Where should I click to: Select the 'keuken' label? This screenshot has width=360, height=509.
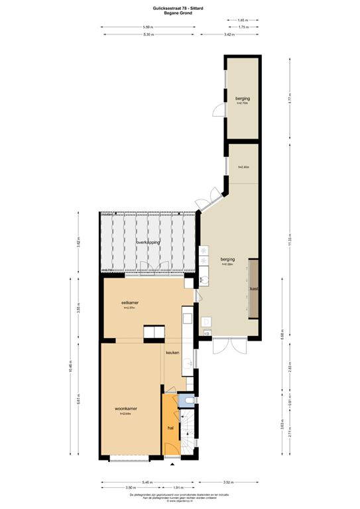[173, 353]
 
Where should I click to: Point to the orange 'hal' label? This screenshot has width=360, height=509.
[170, 428]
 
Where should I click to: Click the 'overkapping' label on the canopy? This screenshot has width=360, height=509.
[149, 243]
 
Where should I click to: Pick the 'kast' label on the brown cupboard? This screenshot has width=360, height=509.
[253, 290]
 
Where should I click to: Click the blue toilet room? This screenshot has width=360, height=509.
[188, 400]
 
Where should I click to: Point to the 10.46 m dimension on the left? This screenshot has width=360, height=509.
[78, 368]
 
